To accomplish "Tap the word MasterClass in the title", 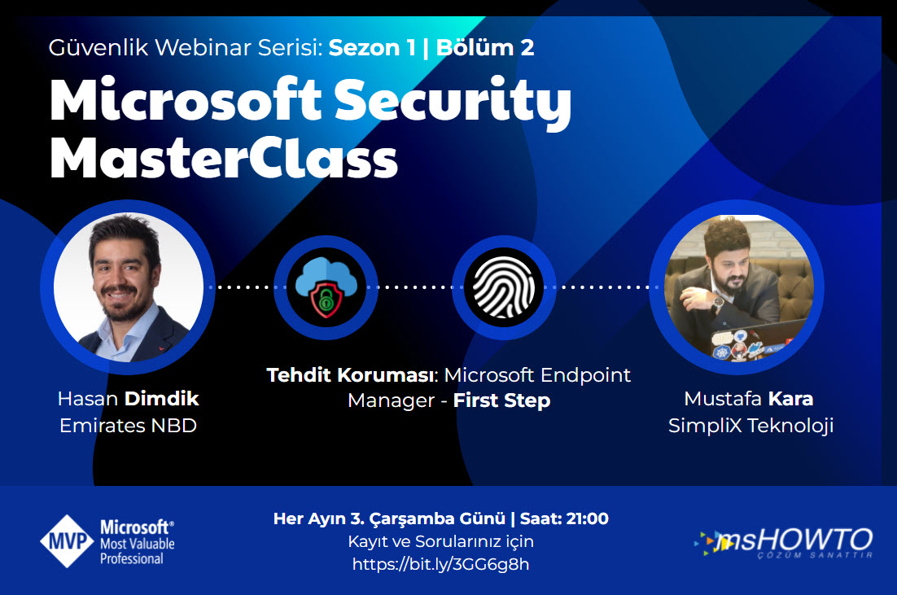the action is (224, 159).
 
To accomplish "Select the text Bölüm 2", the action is (485, 47).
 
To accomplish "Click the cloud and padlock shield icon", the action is (326, 287).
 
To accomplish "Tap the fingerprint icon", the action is (503, 287).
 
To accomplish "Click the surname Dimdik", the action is (162, 398).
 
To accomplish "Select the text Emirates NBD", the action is (128, 426).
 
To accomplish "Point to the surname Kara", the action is (790, 398).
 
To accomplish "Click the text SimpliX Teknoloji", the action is (750, 426).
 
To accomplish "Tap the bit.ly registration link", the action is (440, 564).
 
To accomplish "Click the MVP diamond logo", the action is (67, 541).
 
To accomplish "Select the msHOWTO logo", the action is (784, 542).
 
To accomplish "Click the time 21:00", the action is (587, 518).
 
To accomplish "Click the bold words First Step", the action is (501, 400).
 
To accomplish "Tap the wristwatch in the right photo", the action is (717, 304).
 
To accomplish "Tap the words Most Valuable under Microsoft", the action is (138, 544).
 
